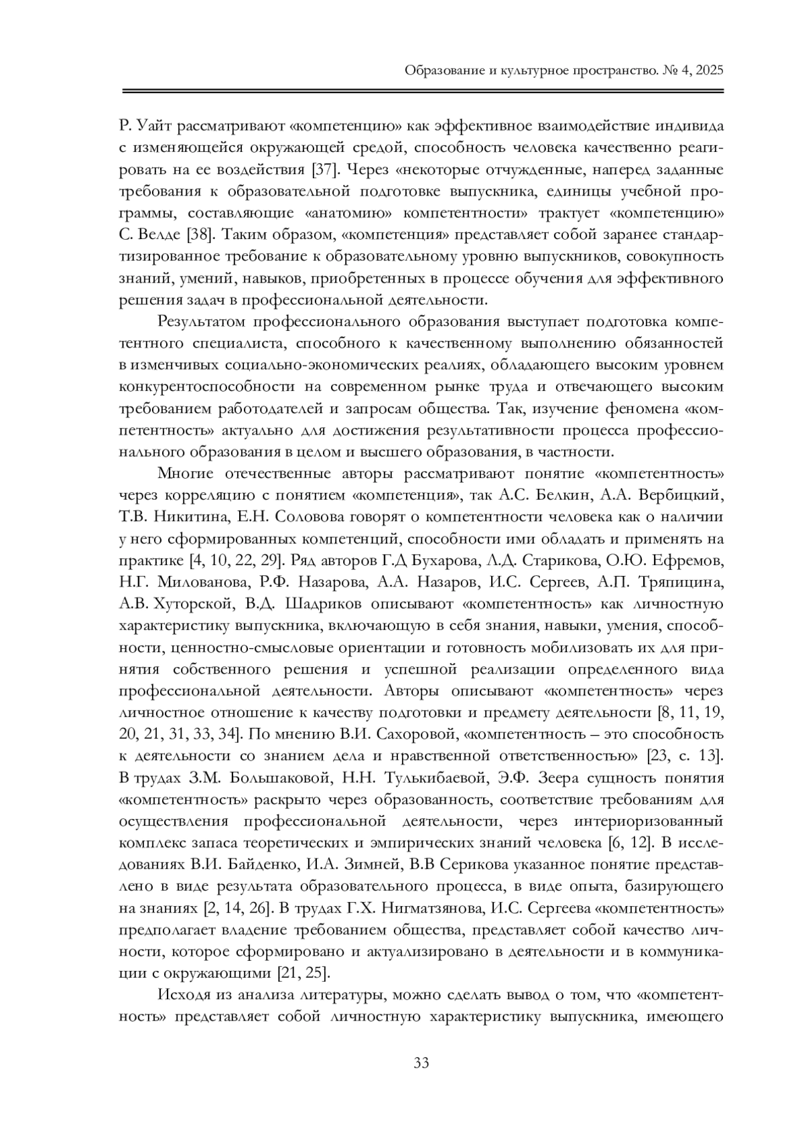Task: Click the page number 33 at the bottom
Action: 421,1063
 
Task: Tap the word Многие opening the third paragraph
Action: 186,473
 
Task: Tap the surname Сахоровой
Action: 412,734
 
